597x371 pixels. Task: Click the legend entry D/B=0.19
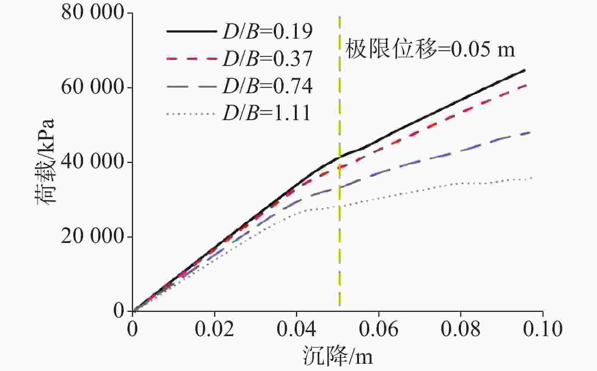point(268,31)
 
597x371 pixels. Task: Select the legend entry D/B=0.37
point(268,59)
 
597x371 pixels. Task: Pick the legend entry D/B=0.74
point(268,86)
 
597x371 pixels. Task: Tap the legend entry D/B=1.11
point(267,113)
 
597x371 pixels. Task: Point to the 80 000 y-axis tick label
point(93,13)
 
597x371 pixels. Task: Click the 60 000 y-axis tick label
point(93,88)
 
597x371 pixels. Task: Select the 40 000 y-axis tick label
point(93,162)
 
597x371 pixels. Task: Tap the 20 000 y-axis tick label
point(93,237)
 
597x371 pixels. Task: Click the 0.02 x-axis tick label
point(215,329)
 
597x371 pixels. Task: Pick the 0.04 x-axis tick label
point(296,329)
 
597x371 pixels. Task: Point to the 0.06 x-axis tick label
point(379,329)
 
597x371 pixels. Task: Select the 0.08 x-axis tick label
point(461,329)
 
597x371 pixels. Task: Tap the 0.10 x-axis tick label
point(542,329)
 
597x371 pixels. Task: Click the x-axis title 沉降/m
point(337,356)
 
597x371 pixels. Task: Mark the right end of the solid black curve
point(525,70)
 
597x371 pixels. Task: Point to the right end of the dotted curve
point(533,178)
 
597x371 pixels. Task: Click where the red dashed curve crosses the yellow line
point(340,167)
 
